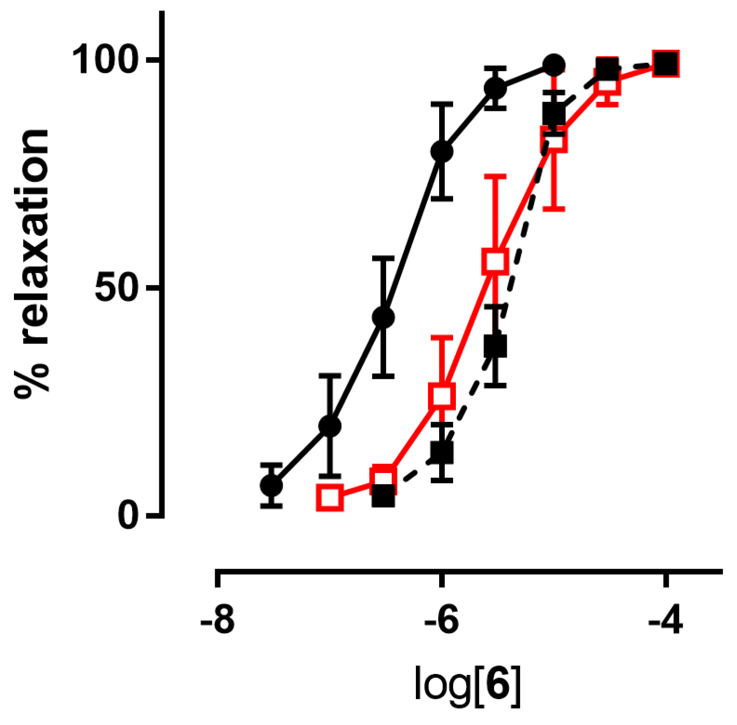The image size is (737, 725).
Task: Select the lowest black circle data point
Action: tap(271, 485)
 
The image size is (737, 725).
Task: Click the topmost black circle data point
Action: tap(553, 65)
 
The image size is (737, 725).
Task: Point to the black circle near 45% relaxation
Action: tap(383, 317)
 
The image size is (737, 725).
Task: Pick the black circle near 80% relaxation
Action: tap(441, 151)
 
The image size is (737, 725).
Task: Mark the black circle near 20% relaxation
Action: tap(329, 426)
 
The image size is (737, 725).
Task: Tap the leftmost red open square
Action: tap(329, 497)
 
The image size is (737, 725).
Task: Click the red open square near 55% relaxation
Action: tap(495, 261)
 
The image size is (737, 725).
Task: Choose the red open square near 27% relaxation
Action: tap(441, 396)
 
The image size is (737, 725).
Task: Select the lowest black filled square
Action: tap(383, 496)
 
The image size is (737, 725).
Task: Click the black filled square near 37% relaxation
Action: tap(495, 346)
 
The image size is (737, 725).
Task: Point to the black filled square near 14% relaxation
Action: tap(441, 452)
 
